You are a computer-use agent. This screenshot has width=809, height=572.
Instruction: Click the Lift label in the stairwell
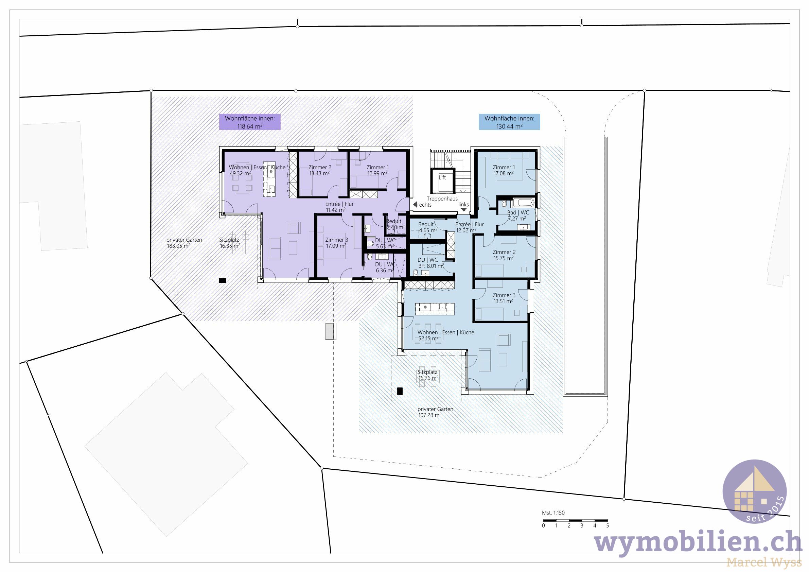[x=442, y=177]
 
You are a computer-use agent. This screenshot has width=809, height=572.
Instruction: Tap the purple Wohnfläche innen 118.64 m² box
[x=250, y=122]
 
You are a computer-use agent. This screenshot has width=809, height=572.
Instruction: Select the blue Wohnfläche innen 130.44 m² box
[x=509, y=122]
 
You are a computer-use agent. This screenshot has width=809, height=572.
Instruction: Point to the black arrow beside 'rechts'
[x=415, y=204]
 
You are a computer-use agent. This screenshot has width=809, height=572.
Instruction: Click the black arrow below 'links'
[x=464, y=210]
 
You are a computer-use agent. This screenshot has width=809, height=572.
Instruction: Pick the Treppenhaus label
[x=442, y=199]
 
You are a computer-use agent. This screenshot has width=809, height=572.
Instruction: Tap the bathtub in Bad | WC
[x=524, y=203]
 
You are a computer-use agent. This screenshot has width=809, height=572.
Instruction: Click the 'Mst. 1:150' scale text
[x=553, y=513]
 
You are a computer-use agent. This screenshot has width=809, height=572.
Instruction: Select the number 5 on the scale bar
[x=608, y=525]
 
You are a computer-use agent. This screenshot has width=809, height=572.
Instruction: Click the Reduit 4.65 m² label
[x=427, y=227]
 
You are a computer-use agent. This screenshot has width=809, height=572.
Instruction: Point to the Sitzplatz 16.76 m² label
[x=428, y=375]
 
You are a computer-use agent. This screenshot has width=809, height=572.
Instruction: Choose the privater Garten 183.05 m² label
[x=184, y=243]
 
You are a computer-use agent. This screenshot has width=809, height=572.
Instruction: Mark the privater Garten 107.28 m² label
[x=435, y=412]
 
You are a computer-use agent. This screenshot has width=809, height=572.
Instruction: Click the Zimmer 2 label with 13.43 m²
[x=320, y=170]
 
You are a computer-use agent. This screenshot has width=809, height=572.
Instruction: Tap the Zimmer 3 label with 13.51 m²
[x=504, y=298]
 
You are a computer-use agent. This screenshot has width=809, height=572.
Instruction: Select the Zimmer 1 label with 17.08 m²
[x=504, y=170]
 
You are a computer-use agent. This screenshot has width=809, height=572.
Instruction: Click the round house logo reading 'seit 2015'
[x=754, y=491]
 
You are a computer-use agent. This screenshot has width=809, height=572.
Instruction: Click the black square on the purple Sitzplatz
[x=222, y=280]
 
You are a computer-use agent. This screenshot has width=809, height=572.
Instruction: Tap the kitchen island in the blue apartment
[x=435, y=309]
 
